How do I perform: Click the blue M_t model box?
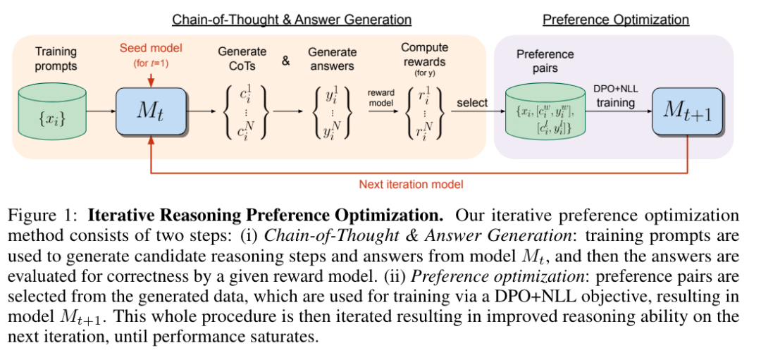click(x=151, y=111)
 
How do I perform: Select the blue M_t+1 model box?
click(x=687, y=111)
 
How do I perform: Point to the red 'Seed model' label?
click(x=151, y=48)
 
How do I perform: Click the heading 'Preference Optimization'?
click(x=615, y=20)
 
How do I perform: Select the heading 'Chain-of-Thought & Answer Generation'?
click(x=292, y=20)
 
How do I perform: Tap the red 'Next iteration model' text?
click(x=411, y=185)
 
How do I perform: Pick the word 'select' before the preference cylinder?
click(x=472, y=102)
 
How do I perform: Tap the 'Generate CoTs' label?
click(x=242, y=58)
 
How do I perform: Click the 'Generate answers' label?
click(x=332, y=58)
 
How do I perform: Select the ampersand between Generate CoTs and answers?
click(x=286, y=61)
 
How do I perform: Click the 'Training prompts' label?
click(x=56, y=58)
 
